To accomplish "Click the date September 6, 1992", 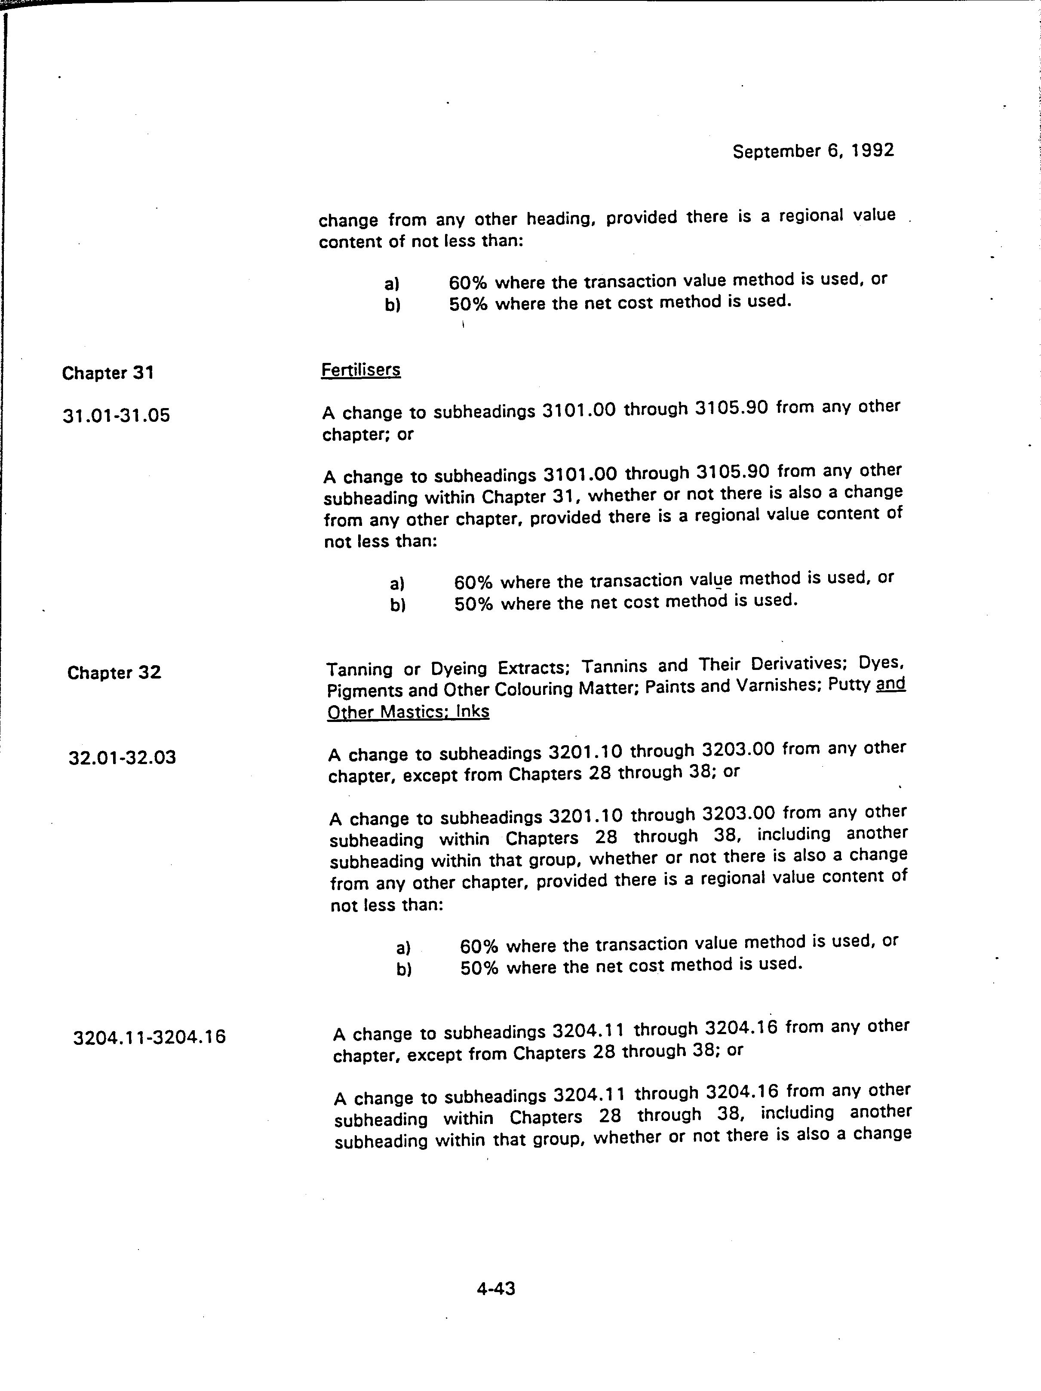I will tap(813, 151).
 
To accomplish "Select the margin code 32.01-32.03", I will tap(122, 757).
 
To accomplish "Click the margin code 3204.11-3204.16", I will tap(149, 1036).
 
